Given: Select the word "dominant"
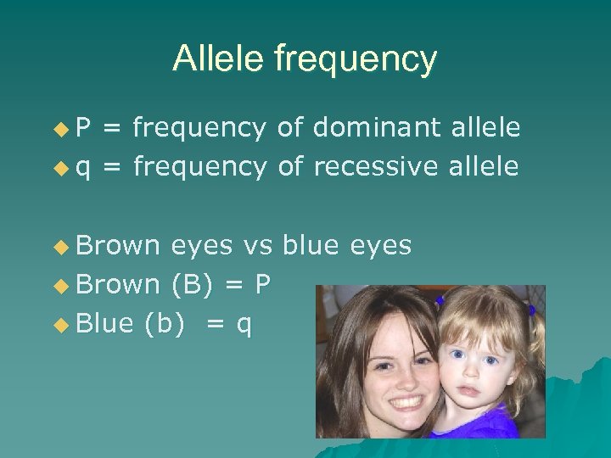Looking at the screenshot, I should [377, 128].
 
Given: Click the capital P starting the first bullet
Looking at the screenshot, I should [84, 128].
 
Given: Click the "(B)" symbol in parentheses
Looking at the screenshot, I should [192, 284].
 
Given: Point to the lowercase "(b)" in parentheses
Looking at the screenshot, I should [164, 323].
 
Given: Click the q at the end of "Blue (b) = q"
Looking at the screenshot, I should [244, 325].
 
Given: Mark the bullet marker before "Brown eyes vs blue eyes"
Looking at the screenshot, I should [60, 246].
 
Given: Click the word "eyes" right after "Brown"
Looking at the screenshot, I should [201, 246].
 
